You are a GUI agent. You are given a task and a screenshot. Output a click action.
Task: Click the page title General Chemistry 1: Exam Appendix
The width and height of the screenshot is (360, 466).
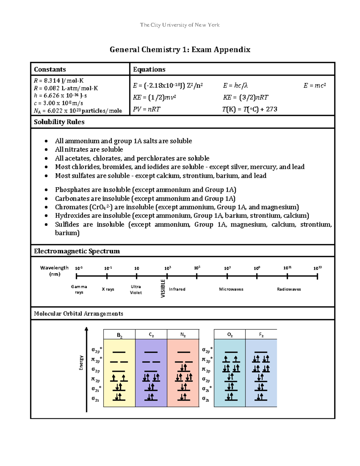click(180, 50)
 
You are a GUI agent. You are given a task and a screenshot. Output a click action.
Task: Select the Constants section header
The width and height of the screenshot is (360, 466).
click(50, 69)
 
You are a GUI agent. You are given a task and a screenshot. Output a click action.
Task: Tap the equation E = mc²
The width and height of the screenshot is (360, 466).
click(314, 86)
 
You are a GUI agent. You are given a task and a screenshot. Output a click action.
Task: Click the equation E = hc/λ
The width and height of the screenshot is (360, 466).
click(235, 86)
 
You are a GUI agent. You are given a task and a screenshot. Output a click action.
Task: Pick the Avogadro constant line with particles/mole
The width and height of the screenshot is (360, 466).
click(78, 111)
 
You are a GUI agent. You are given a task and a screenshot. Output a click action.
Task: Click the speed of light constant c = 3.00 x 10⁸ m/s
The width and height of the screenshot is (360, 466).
click(58, 103)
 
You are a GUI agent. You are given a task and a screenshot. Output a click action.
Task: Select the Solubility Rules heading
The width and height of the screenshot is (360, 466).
click(59, 122)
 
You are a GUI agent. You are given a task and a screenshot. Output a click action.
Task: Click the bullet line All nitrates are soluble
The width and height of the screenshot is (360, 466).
click(89, 149)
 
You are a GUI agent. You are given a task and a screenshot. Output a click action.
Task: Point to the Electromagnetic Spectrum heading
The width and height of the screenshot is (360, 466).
click(77, 251)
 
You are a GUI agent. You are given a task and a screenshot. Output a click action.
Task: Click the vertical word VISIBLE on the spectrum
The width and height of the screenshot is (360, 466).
click(163, 288)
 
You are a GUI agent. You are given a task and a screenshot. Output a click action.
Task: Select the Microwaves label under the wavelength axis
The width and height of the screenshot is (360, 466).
click(231, 289)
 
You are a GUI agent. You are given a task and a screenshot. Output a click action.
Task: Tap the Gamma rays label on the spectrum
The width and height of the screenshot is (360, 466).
click(79, 289)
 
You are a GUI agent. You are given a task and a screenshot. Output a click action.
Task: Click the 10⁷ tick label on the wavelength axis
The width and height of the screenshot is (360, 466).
click(227, 268)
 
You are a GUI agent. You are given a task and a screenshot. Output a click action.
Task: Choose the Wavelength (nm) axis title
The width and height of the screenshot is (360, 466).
click(54, 271)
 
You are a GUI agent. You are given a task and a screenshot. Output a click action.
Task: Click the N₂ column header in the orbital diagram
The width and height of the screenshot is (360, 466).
click(183, 335)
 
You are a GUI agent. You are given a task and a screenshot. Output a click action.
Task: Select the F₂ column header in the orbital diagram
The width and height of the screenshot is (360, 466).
click(261, 335)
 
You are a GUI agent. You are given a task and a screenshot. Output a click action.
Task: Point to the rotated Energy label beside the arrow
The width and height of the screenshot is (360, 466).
click(81, 362)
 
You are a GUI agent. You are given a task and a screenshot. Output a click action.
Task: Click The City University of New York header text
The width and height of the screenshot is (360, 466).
click(180, 25)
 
